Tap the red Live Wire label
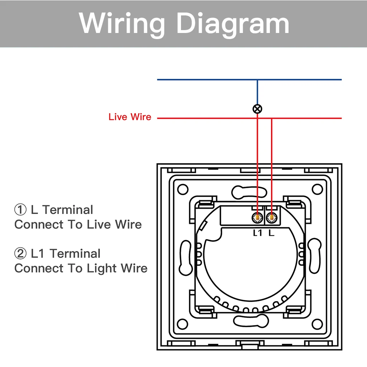pyautogui.click(x=130, y=117)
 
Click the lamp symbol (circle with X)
pyautogui.click(x=257, y=109)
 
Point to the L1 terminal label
pyautogui.click(x=258, y=233)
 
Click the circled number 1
pyautogui.click(x=20, y=210)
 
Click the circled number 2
pyautogui.click(x=20, y=254)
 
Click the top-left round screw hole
pyautogui.click(x=183, y=189)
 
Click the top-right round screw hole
pyautogui.click(x=317, y=189)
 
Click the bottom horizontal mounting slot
pyautogui.click(x=249, y=320)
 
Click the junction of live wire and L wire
pyautogui.click(x=272, y=118)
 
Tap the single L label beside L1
pyautogui.click(x=271, y=233)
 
